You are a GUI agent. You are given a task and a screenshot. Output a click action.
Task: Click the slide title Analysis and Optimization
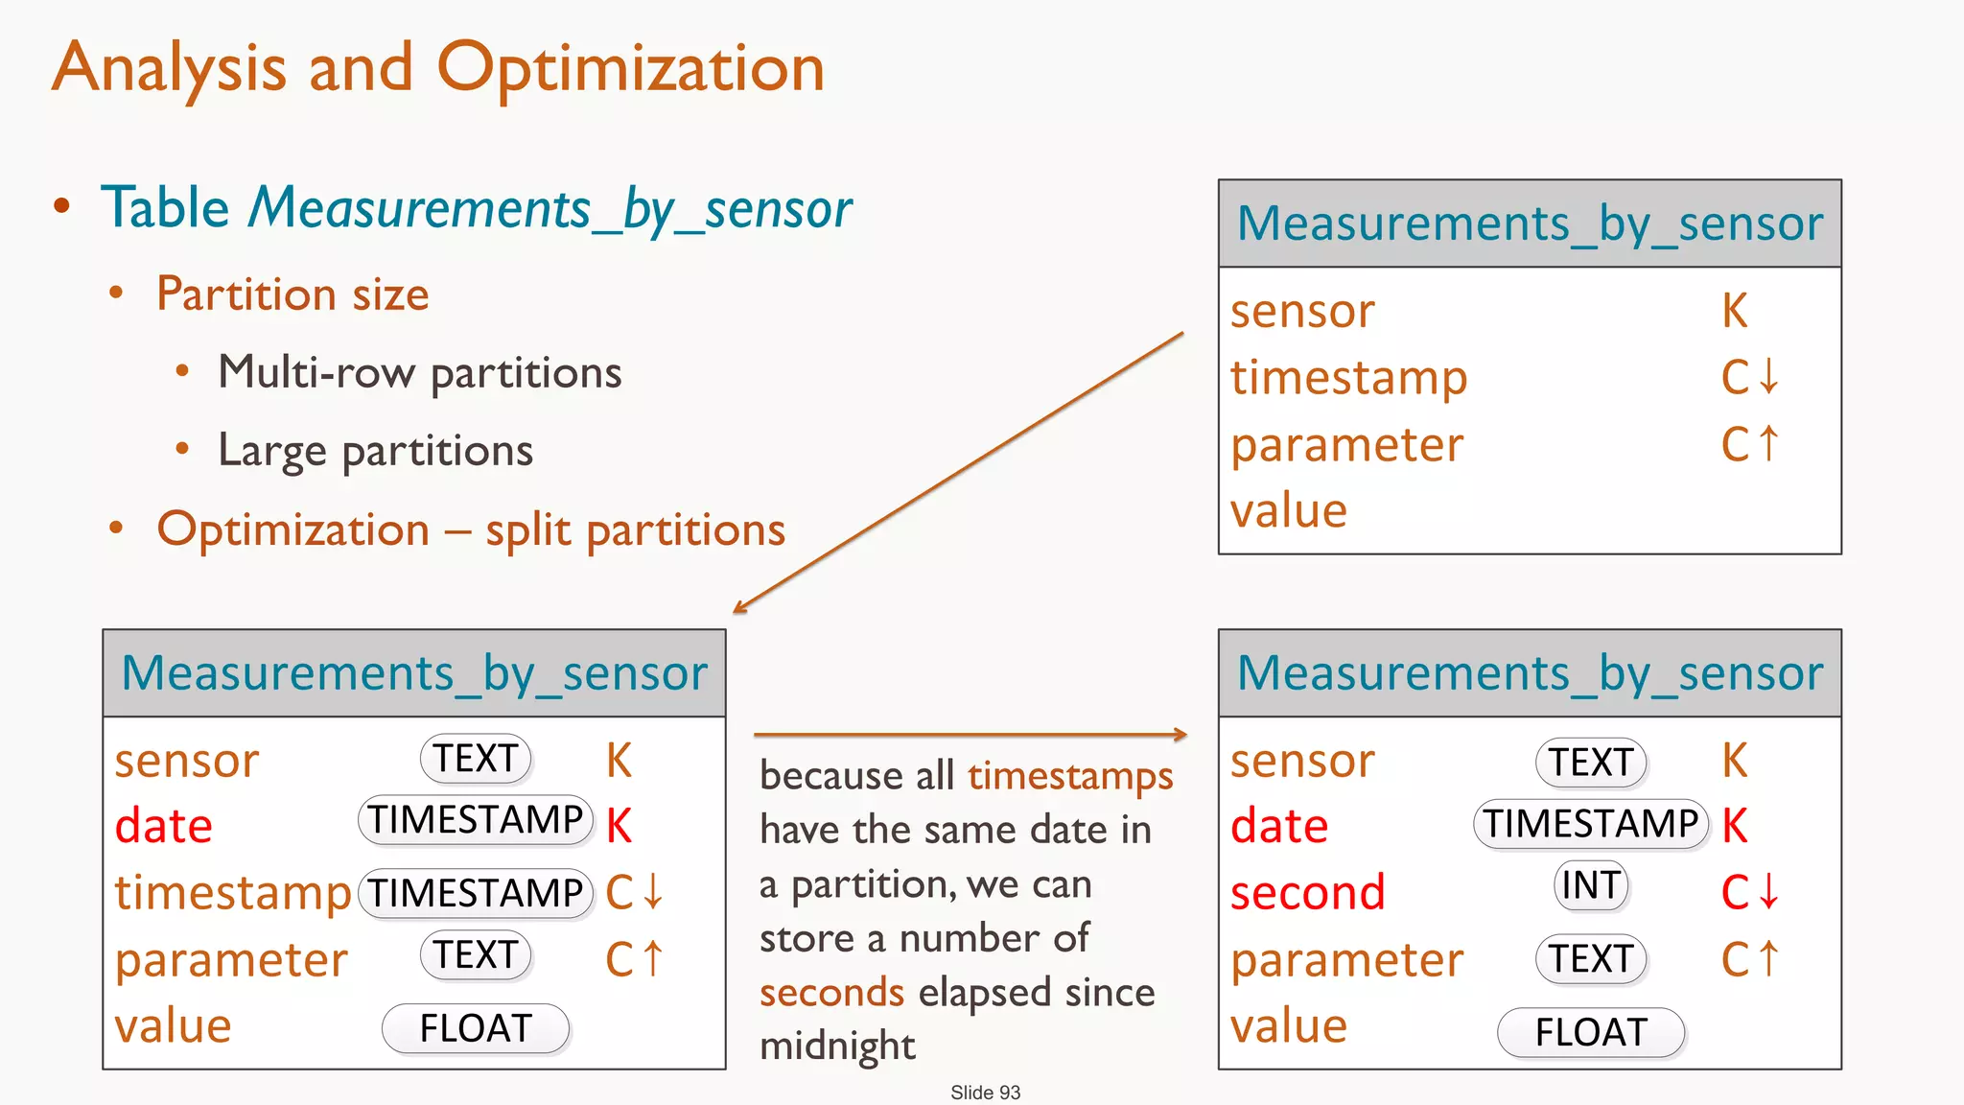438,69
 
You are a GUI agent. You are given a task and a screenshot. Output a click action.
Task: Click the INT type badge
1591,884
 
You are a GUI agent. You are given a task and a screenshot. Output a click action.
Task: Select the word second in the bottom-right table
1307,892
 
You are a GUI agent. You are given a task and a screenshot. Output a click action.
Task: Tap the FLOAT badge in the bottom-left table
476,1028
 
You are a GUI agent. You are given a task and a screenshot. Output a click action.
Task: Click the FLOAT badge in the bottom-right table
1591,1032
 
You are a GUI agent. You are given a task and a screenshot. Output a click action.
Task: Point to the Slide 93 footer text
985,1092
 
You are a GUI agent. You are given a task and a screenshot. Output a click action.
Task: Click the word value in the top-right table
1288,510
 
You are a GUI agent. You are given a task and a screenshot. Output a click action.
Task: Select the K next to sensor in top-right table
1734,311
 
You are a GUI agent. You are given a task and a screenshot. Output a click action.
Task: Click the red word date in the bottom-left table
163,826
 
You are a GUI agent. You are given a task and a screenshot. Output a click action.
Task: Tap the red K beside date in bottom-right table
1734,826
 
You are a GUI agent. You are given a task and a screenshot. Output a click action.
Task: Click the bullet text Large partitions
375,451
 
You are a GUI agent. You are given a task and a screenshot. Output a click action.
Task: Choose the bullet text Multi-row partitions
419,372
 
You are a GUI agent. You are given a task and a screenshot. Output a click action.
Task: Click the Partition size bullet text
292,294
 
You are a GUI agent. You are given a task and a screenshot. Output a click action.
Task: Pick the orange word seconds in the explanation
831,992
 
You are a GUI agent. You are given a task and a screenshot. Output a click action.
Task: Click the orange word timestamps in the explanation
1070,775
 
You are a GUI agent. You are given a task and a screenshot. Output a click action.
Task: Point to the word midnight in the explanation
837,1046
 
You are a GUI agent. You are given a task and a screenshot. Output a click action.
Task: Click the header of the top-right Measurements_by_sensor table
1530,223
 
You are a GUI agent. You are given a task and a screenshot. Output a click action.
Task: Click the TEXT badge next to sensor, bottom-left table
476,758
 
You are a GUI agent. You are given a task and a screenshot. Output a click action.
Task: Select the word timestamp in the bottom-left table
233,893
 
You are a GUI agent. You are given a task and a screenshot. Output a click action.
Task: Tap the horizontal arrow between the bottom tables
970,735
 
